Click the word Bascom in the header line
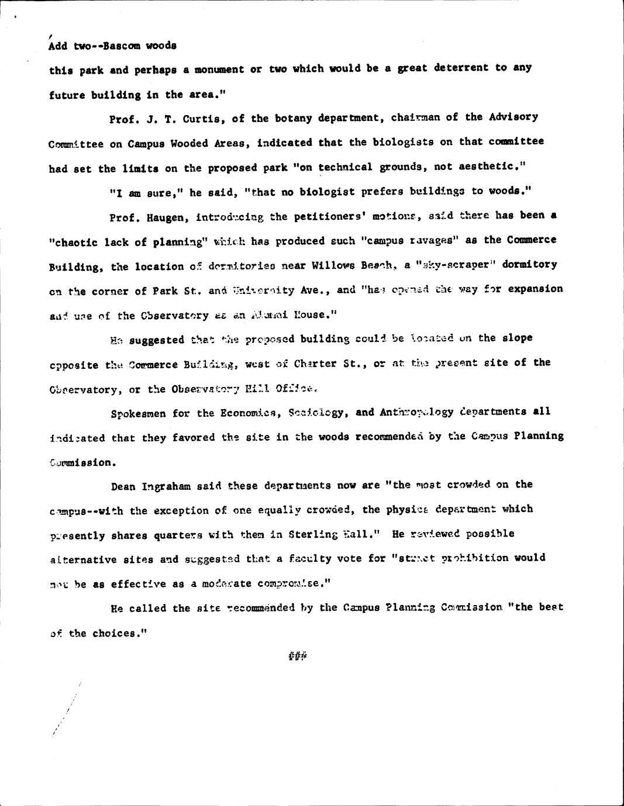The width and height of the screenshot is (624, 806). tap(123, 46)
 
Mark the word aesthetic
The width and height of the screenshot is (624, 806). tap(492, 167)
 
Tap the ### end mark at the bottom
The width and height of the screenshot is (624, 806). tap(298, 658)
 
